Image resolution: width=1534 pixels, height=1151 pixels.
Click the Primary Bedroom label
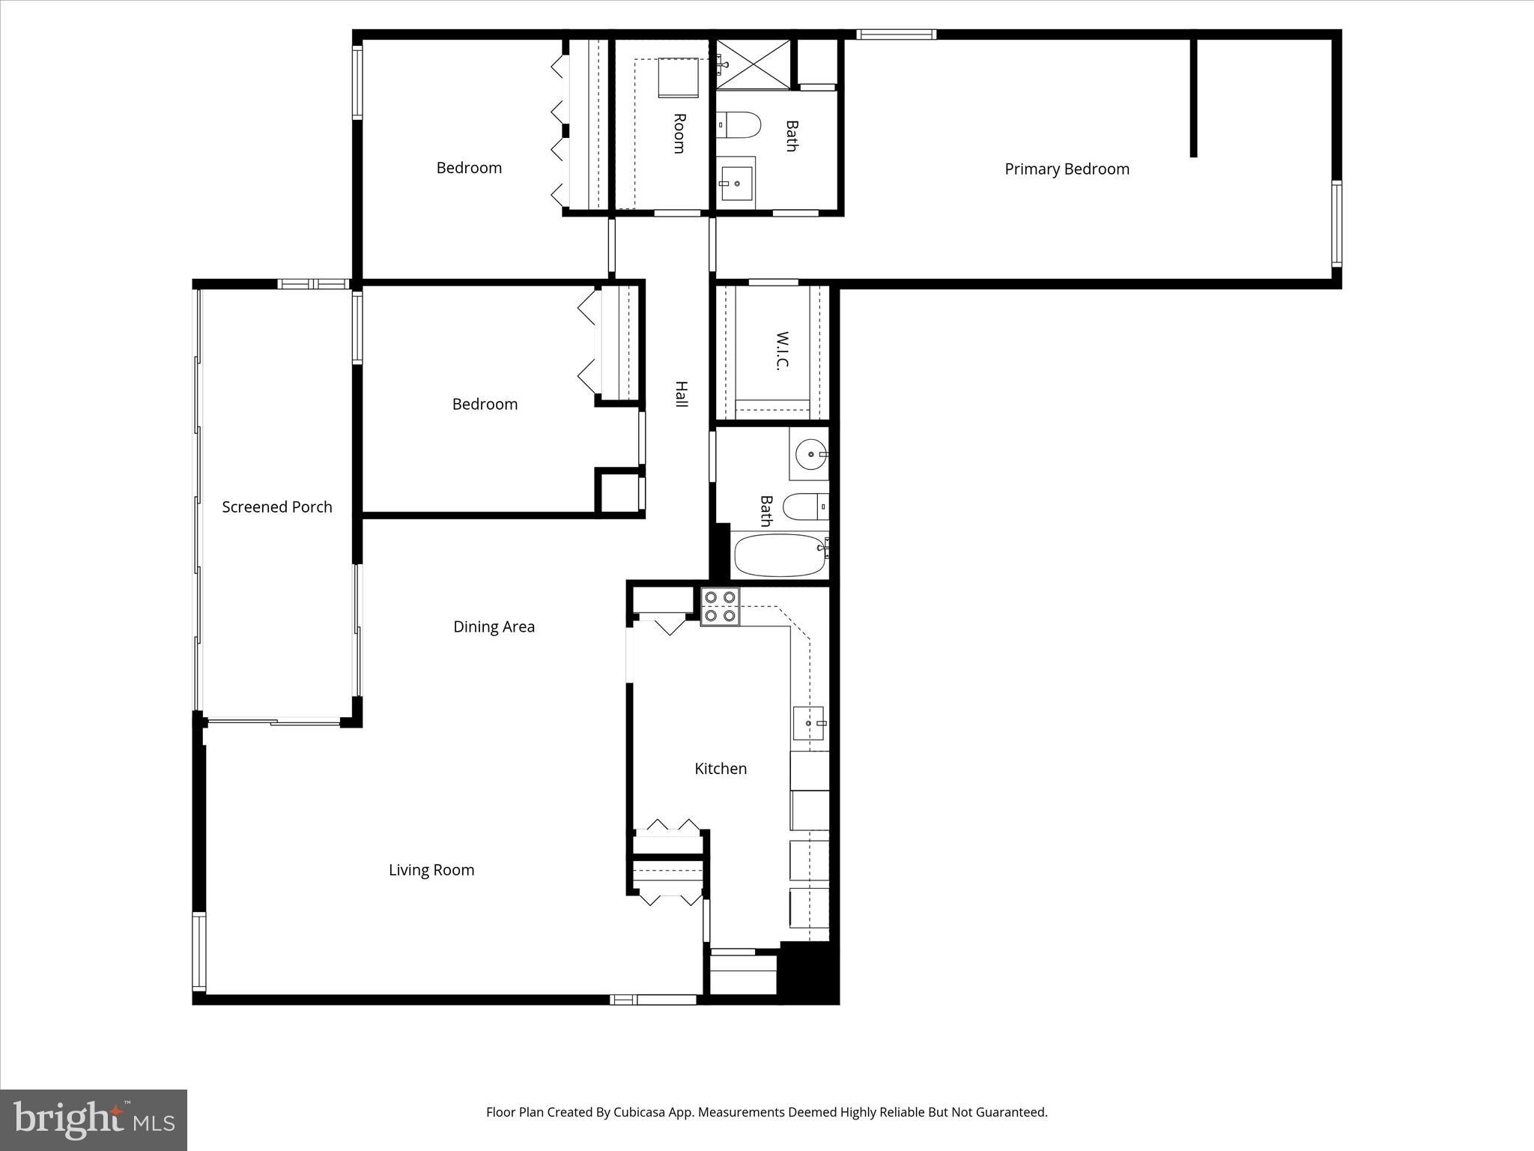click(1067, 169)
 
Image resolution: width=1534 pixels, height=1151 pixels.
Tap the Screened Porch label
click(276, 507)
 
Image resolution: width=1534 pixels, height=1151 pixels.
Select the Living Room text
click(431, 870)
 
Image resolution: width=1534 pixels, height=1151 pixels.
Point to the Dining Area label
click(494, 627)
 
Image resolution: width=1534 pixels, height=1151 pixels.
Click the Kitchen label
click(721, 769)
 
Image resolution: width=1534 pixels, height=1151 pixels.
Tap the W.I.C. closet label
click(782, 351)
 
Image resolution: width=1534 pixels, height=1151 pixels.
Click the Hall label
click(681, 394)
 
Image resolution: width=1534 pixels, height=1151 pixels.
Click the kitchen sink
click(809, 723)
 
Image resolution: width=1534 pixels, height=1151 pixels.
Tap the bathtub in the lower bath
click(779, 555)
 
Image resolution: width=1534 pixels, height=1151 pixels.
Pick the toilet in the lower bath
click(804, 507)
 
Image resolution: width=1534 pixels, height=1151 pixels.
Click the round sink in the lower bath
click(810, 454)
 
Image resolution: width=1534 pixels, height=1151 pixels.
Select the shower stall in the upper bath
click(754, 65)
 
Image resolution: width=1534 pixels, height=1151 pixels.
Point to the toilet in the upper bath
click(739, 125)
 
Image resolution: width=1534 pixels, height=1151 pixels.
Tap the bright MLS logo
click(94, 1120)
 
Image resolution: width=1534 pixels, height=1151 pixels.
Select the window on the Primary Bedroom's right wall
click(1336, 223)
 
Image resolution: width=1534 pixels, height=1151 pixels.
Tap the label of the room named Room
click(679, 133)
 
